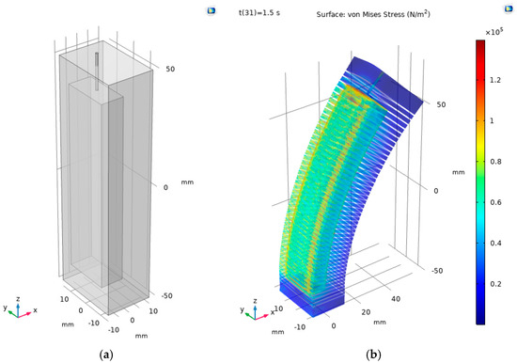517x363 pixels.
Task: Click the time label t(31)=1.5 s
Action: [x=259, y=13]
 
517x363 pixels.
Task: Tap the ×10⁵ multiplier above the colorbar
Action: [x=494, y=31]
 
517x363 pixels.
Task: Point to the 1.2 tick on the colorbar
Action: [x=495, y=80]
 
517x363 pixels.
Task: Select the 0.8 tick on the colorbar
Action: [x=495, y=162]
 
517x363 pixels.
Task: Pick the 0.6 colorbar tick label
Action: [x=495, y=202]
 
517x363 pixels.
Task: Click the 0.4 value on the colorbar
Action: [x=495, y=244]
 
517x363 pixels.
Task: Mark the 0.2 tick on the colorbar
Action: [x=495, y=284]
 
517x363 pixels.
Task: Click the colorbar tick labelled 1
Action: [x=492, y=120]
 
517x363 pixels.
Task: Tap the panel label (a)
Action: [x=106, y=355]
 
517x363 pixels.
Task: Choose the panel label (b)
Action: [x=373, y=355]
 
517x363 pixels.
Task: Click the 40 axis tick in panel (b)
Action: [x=396, y=299]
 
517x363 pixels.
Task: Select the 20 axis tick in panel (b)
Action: [x=366, y=312]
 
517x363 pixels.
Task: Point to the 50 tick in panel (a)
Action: [x=170, y=69]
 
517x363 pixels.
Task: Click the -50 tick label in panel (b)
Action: [x=437, y=271]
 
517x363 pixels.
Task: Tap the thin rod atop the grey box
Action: [x=97, y=71]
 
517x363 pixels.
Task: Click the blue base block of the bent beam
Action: [x=311, y=297]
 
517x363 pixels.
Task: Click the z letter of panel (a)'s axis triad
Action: [x=18, y=299]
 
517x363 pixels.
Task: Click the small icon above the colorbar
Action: [x=509, y=8]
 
